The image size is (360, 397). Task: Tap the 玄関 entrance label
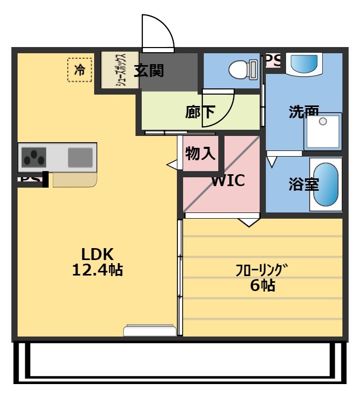click(149, 70)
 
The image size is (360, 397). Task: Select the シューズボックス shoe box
click(119, 71)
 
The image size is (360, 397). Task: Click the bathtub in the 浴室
click(325, 185)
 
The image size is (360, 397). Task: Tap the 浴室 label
click(304, 185)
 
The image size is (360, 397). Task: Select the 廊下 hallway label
click(200, 112)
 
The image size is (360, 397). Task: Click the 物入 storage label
click(200, 153)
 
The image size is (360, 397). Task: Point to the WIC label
click(228, 181)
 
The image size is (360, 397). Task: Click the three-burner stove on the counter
click(33, 157)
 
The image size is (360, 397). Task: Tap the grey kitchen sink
click(80, 157)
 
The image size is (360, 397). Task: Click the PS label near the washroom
click(273, 60)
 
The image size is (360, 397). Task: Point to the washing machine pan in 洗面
click(323, 131)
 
